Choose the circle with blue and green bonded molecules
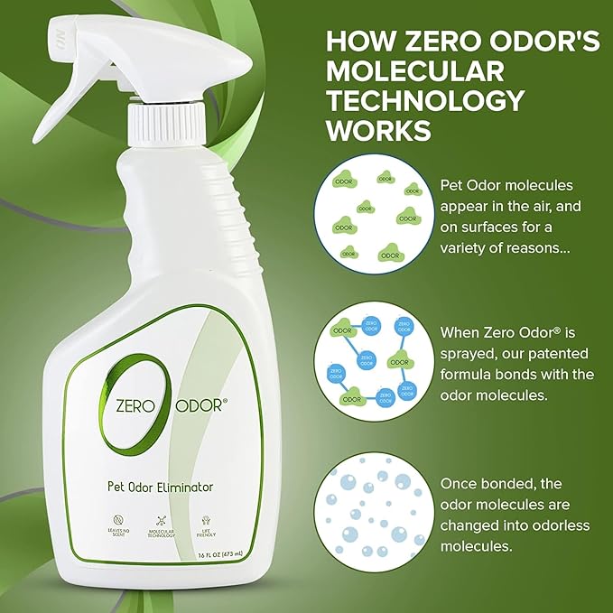click(373, 361)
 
